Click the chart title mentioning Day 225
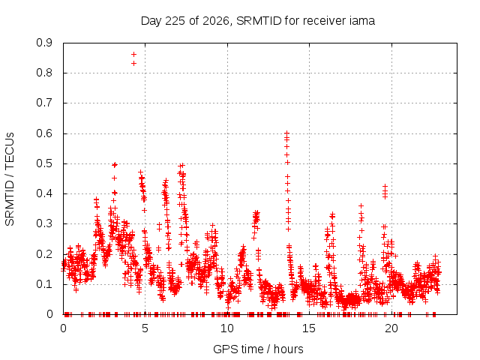[258, 21]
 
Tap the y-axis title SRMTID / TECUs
[10, 179]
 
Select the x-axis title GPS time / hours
[258, 349]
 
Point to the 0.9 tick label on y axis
[44, 43]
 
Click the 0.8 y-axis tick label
[44, 73]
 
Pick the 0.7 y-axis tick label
[44, 103]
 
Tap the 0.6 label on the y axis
[44, 133]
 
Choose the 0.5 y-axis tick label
[44, 163]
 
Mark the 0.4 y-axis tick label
[44, 193]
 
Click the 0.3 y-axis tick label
[44, 223]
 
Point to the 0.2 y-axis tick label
[44, 254]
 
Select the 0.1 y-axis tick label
[44, 284]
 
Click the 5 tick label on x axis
[145, 328]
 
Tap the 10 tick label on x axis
[227, 328]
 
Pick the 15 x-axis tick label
[309, 328]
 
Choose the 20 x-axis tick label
[391, 328]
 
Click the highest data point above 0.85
[133, 55]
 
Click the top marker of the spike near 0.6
[286, 133]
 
